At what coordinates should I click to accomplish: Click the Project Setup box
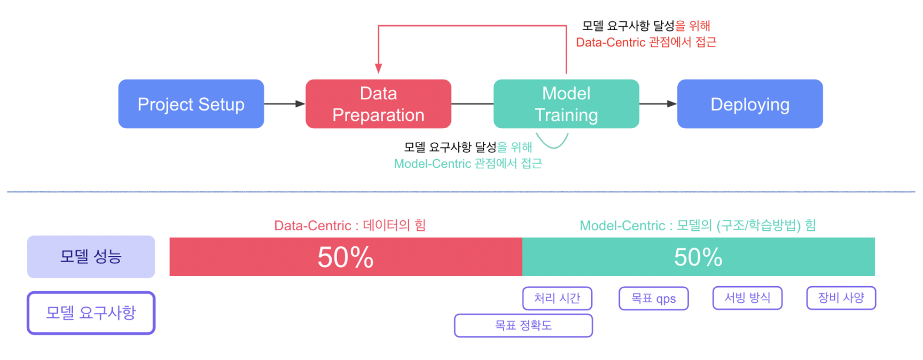pos(191,104)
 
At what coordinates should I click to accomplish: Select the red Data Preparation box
pos(378,104)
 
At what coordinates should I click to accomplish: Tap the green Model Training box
pos(566,104)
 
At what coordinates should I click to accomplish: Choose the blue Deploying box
pos(750,104)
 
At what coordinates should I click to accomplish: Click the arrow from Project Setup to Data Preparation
pos(285,104)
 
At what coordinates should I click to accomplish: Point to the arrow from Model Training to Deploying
pos(658,104)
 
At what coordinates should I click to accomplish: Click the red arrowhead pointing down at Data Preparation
pos(378,69)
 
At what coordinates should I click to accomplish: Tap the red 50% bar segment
pos(346,257)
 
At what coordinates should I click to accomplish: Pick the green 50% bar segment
pos(699,257)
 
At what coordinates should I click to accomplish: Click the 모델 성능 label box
pos(91,257)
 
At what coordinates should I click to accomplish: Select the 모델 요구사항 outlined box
pos(91,313)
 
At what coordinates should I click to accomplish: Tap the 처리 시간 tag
pos(557,298)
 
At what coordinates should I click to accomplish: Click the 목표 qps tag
pos(654,298)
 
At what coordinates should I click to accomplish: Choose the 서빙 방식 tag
pos(747,298)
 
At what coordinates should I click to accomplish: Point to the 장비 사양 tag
pos(841,298)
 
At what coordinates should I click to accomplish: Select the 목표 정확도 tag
pos(523,325)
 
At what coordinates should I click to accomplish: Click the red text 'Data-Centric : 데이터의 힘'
pos(350,225)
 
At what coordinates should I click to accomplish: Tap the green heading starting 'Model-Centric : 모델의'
pos(698,225)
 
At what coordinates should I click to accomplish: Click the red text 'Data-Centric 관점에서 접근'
pos(646,42)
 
